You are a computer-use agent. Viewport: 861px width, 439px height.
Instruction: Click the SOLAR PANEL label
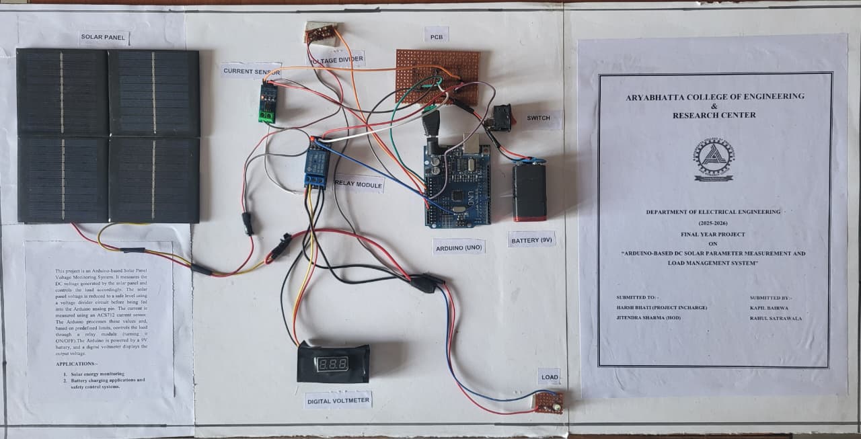tap(104, 38)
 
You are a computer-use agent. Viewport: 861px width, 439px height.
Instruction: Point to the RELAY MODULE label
tap(359, 184)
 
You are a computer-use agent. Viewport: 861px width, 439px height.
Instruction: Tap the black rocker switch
tap(498, 117)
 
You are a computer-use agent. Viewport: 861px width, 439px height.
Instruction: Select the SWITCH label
tap(538, 118)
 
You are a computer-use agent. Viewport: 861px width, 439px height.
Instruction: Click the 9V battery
tap(529, 191)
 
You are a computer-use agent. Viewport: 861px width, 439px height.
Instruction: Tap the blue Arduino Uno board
tap(457, 184)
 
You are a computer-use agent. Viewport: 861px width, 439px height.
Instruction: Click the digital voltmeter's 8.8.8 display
tap(334, 364)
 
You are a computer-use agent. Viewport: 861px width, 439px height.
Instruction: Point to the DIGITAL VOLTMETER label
tap(338, 401)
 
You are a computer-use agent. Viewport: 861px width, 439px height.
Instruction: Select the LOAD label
tap(550, 377)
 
